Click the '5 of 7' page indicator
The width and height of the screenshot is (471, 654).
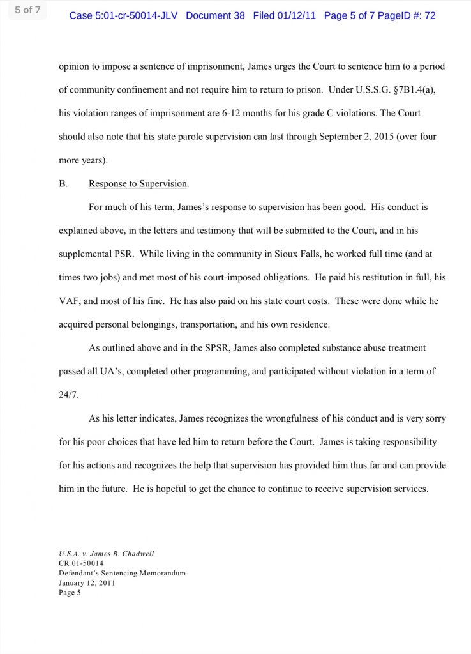[x=27, y=10]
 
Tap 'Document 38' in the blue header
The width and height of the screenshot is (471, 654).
[x=215, y=15]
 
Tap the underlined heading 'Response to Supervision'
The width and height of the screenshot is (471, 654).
[x=138, y=184]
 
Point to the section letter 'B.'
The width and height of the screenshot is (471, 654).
[x=63, y=184]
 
